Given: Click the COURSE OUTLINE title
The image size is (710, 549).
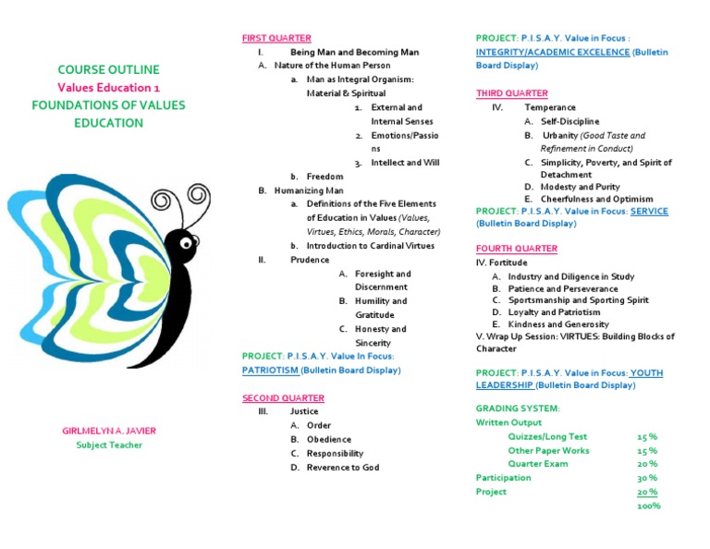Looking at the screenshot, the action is (x=108, y=69).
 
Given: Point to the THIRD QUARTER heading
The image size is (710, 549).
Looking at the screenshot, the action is (x=511, y=93).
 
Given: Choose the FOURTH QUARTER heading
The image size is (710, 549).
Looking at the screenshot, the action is (x=516, y=249).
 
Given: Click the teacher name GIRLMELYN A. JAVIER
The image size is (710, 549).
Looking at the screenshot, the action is (x=110, y=432).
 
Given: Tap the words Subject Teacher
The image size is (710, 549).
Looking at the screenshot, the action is (x=109, y=445).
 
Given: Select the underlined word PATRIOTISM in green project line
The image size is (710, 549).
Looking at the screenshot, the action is (x=270, y=370).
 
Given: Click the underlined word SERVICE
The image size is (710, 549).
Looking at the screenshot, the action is (x=649, y=211).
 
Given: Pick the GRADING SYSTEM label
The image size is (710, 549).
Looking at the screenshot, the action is (x=518, y=408).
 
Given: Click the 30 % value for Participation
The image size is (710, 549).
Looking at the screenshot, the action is (x=647, y=478).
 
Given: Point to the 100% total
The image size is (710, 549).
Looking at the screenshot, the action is (x=648, y=506).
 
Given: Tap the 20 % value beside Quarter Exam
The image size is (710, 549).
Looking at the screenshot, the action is (x=647, y=464).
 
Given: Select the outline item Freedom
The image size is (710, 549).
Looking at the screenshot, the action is (x=324, y=176).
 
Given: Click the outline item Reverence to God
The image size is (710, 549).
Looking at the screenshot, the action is (x=343, y=467).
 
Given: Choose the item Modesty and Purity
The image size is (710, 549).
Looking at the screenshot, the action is (x=580, y=187).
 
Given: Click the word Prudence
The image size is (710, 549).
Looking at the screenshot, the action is (x=310, y=260).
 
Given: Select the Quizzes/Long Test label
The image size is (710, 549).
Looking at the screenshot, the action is (x=547, y=436).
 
